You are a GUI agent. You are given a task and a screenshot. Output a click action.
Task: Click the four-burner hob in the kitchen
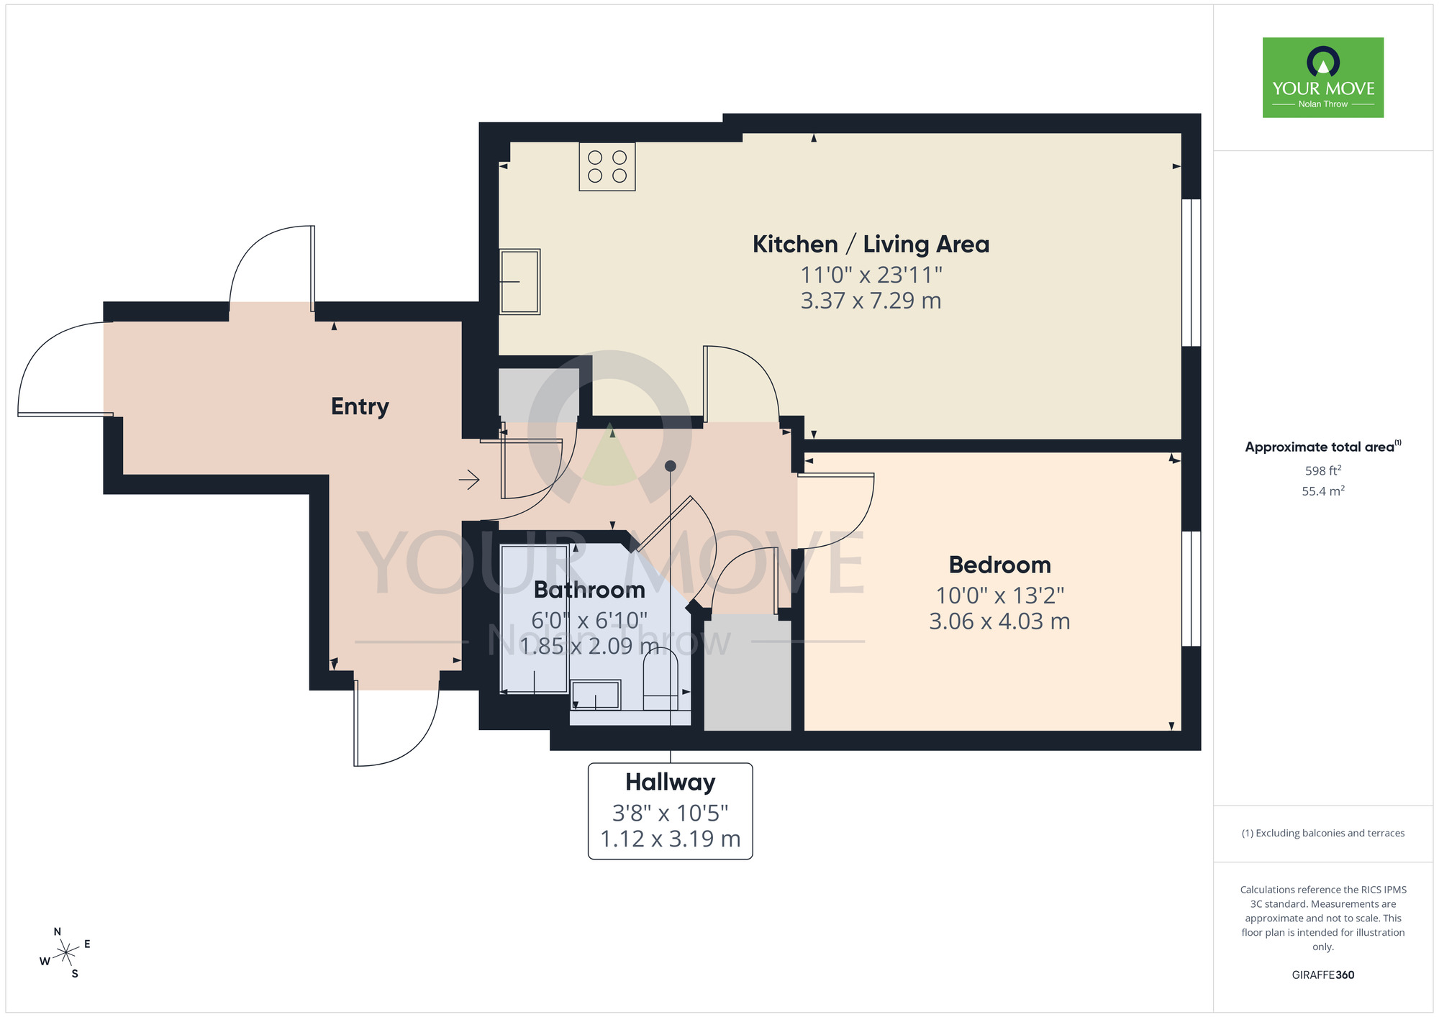(607, 166)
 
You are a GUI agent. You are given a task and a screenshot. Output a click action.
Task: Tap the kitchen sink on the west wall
(519, 281)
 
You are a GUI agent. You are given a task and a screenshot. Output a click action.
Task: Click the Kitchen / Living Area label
(871, 245)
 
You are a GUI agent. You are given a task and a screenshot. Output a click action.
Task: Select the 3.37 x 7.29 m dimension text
(871, 301)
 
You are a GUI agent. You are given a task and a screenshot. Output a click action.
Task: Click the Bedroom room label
(999, 565)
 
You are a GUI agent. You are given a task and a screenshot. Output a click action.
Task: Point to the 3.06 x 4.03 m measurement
(999, 621)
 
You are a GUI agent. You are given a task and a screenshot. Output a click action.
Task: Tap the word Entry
(360, 406)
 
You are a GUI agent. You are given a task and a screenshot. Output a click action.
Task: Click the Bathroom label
(589, 590)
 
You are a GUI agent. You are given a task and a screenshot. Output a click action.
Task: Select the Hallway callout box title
(670, 782)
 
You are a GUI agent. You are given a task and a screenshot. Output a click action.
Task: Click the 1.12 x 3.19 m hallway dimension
(670, 839)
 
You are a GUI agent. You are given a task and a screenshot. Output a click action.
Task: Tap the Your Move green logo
(1322, 78)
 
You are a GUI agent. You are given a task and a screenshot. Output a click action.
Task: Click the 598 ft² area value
(1322, 471)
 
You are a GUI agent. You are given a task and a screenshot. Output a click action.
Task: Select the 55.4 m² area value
(1322, 491)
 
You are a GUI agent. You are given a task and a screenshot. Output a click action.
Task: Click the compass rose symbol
(65, 953)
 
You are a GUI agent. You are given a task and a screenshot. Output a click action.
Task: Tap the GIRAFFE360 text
(1322, 975)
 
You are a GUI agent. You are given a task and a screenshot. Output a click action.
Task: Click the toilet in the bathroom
(660, 680)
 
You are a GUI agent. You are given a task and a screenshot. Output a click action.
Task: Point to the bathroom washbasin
(596, 696)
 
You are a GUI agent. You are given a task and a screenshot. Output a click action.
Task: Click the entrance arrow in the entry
(469, 479)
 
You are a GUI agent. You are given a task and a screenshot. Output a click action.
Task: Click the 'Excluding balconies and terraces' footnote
(1322, 833)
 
